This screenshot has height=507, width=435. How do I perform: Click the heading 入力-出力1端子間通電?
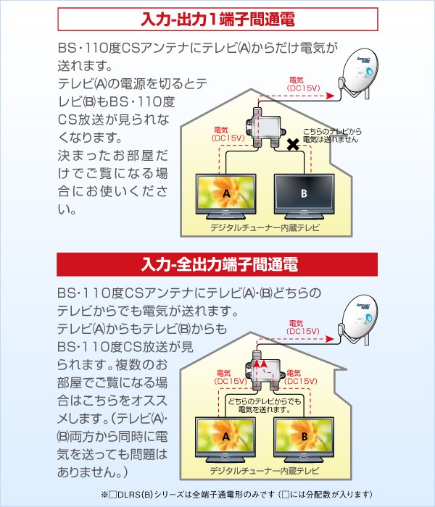(x=218, y=20)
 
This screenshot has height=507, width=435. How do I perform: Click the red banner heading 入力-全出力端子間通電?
(x=218, y=263)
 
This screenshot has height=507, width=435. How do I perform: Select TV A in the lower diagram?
(x=226, y=437)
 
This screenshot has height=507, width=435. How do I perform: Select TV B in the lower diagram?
(x=304, y=437)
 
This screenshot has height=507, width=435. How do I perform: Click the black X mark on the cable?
(x=293, y=146)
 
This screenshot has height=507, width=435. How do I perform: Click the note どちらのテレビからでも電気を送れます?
(x=265, y=405)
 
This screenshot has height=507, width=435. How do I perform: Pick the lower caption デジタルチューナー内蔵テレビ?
(x=265, y=472)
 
